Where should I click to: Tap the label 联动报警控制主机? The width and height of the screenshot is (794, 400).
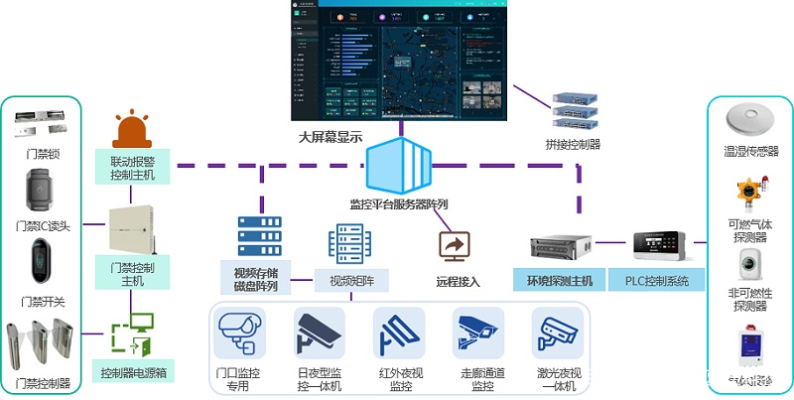click(x=133, y=167)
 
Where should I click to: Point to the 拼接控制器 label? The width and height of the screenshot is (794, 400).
click(x=573, y=144)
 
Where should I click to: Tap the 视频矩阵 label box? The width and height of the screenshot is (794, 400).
click(x=351, y=281)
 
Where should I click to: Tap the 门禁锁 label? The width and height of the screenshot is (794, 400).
click(x=42, y=153)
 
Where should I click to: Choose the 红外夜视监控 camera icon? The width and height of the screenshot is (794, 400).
click(x=399, y=332)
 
